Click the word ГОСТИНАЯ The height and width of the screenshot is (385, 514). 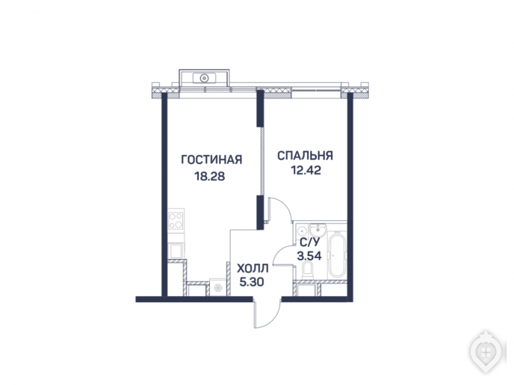[x=211, y=160]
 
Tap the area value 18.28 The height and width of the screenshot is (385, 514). [x=210, y=176]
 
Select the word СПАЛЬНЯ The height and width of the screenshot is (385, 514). [x=305, y=155]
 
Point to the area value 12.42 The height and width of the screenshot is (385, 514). [x=306, y=170]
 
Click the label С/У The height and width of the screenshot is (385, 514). [x=309, y=242]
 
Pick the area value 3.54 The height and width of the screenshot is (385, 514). [x=309, y=256]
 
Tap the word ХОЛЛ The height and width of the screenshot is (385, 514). [x=253, y=269]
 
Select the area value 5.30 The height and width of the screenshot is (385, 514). [x=252, y=282]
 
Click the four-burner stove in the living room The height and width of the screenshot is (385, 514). [x=176, y=220]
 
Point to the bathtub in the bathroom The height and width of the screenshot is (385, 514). [x=338, y=254]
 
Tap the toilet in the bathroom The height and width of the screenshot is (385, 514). [x=307, y=270]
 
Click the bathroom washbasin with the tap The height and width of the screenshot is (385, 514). [x=318, y=230]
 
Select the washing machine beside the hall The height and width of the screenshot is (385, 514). [x=217, y=287]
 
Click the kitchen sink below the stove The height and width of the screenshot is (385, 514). [x=176, y=251]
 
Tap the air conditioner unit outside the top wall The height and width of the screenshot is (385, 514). [x=204, y=78]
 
